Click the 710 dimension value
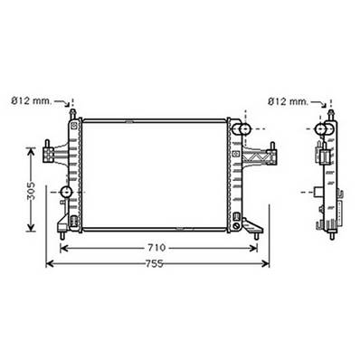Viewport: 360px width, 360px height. [156, 247]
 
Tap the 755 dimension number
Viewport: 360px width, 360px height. [156, 263]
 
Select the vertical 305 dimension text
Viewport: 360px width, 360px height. [30, 192]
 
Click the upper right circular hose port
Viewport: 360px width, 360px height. [242, 132]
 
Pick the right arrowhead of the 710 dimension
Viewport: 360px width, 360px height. [258, 247]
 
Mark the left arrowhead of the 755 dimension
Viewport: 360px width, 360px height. [49, 264]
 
